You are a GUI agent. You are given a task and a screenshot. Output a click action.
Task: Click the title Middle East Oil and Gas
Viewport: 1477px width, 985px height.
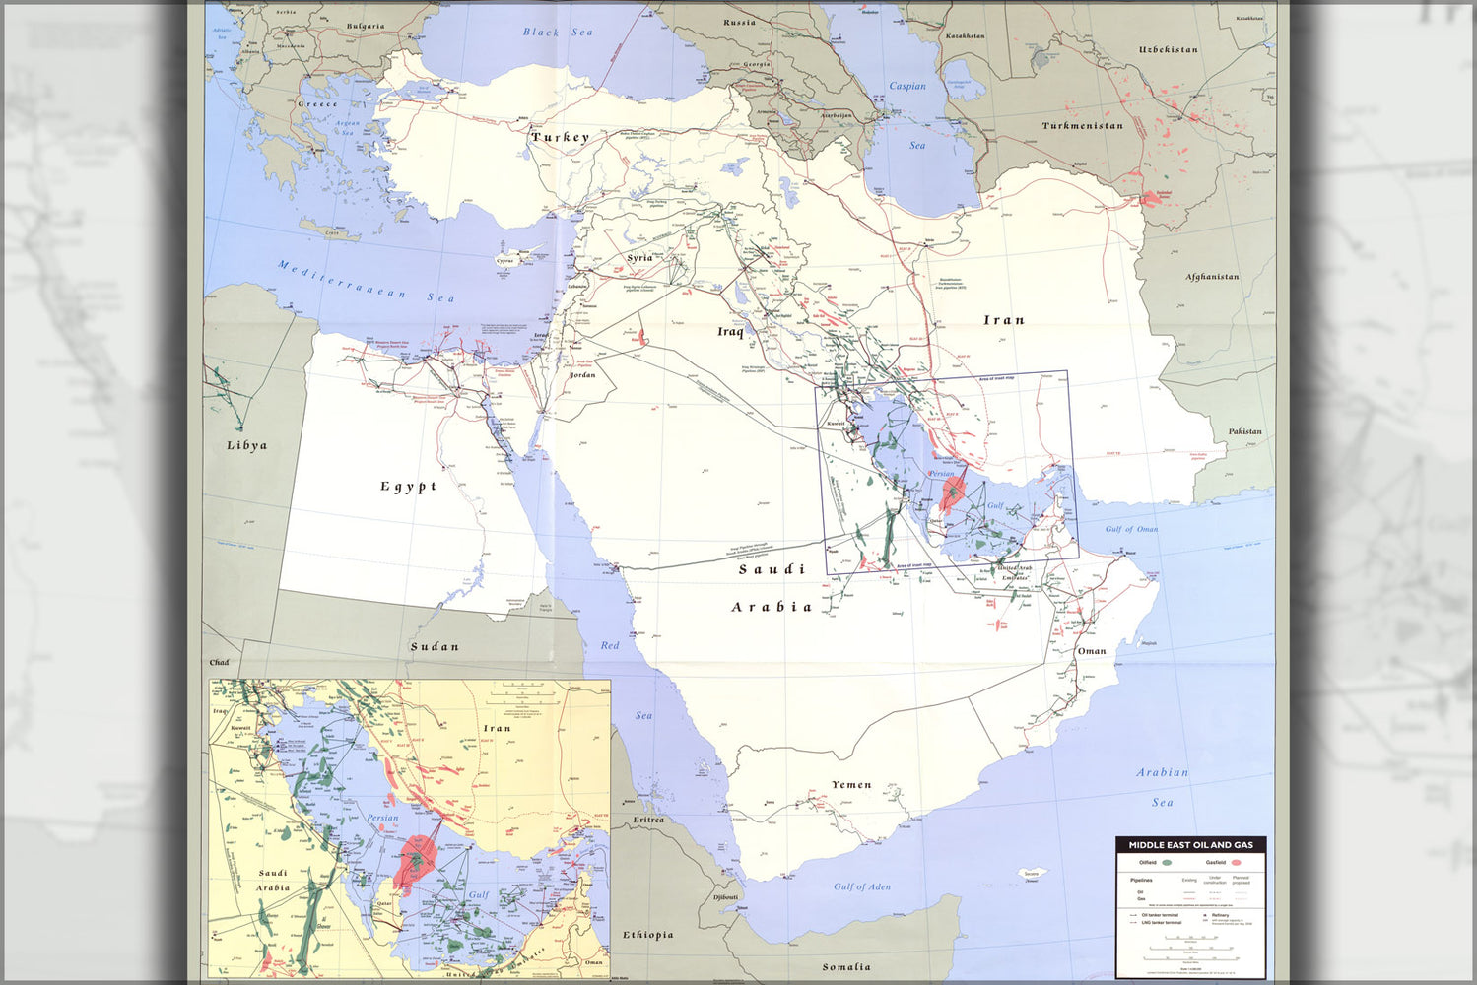(x=1191, y=845)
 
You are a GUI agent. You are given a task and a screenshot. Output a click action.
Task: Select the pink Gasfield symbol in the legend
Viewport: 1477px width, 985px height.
(x=1236, y=863)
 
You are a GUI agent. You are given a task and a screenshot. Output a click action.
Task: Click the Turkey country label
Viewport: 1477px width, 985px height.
(x=560, y=138)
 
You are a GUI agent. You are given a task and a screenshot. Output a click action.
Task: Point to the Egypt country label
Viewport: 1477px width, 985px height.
(x=408, y=486)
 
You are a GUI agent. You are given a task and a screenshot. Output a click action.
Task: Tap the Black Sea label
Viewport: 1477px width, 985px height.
(x=558, y=33)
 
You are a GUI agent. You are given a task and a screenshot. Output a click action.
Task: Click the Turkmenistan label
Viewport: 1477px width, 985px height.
(x=1082, y=126)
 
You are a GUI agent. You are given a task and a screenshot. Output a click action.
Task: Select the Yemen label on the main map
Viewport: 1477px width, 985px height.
(x=851, y=785)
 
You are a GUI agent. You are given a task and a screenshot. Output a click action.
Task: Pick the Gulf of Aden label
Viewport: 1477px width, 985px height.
(x=862, y=886)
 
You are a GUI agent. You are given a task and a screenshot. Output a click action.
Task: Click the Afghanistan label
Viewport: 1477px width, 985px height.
(x=1212, y=277)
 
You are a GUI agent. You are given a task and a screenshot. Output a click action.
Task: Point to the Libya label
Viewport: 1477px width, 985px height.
(x=246, y=445)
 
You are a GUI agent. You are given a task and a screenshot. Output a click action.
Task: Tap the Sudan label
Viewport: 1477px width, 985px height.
(x=435, y=647)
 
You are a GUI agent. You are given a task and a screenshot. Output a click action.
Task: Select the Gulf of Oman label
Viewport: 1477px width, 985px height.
(x=1131, y=529)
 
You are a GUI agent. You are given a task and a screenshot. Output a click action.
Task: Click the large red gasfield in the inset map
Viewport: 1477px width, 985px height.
(x=417, y=857)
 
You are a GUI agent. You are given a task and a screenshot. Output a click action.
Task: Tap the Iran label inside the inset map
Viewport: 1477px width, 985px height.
(x=498, y=729)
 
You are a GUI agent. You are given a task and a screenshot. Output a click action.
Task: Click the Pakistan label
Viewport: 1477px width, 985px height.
(x=1244, y=431)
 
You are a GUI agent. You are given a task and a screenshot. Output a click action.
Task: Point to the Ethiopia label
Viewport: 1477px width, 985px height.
(x=647, y=935)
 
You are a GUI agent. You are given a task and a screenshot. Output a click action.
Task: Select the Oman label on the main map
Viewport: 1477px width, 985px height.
(x=1091, y=651)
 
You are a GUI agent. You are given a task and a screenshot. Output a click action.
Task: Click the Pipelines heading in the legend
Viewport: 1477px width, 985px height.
(x=1141, y=880)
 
